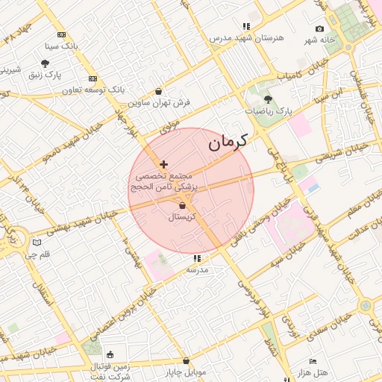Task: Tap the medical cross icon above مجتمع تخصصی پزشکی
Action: pyautogui.click(x=164, y=164)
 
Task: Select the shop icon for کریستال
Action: pyautogui.click(x=183, y=206)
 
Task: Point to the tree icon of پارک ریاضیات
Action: pyautogui.click(x=268, y=99)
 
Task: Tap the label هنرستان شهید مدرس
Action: pyautogui.click(x=246, y=37)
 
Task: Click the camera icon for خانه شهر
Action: pyautogui.click(x=320, y=29)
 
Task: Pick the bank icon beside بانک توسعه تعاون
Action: pyautogui.click(x=93, y=78)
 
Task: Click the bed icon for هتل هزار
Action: pyautogui.click(x=313, y=361)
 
